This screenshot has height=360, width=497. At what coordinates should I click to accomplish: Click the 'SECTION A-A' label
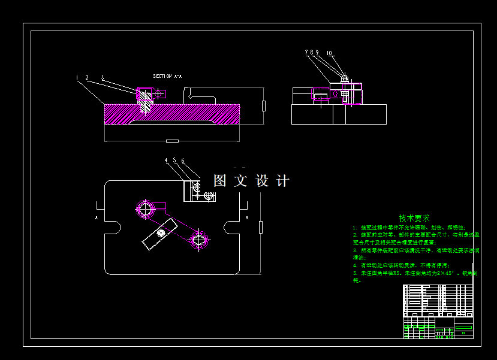click(167, 76)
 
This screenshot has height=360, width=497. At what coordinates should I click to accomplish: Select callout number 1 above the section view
click(77, 77)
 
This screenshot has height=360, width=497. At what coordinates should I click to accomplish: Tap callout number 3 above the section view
click(103, 77)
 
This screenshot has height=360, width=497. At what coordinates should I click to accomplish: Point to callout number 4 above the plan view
click(166, 161)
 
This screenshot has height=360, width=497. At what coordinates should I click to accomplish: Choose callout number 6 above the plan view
click(182, 161)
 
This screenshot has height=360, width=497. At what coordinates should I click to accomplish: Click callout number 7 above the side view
click(306, 53)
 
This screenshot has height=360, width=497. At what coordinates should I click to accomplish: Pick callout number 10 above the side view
click(330, 53)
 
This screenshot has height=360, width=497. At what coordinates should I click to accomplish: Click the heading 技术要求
click(414, 219)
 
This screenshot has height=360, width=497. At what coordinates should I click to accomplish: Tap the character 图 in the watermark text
click(220, 181)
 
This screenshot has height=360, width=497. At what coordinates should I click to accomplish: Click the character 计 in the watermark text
click(283, 181)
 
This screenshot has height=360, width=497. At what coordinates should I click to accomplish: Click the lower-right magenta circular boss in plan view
click(199, 240)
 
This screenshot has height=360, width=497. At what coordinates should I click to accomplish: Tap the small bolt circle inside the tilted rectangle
click(160, 233)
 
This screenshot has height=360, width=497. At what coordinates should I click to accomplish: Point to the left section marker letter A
click(97, 218)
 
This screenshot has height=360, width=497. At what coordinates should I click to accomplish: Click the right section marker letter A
click(247, 218)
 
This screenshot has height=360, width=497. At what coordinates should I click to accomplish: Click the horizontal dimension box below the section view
click(172, 141)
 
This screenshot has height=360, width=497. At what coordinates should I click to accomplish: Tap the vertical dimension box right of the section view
click(264, 106)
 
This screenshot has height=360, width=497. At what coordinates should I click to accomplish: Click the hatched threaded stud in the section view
click(145, 105)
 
